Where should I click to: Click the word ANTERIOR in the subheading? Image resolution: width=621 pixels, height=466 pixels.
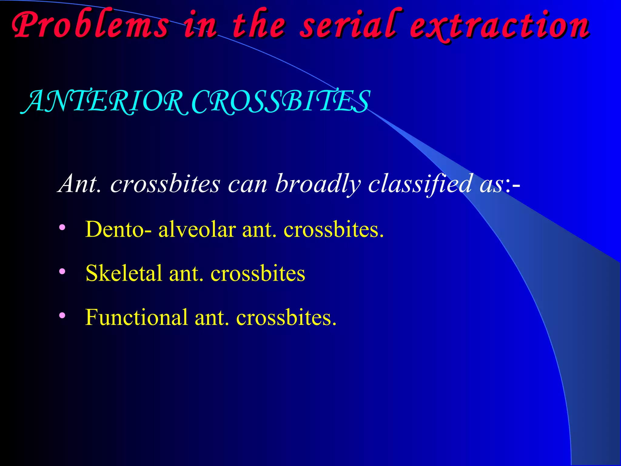(105, 102)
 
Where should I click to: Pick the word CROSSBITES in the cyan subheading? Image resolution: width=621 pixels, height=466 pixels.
(280, 102)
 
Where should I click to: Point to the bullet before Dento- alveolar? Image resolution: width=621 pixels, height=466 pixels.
(62, 227)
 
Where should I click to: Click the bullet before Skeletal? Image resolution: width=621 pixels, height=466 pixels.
(62, 271)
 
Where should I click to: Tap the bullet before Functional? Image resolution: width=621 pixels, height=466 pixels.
(62, 316)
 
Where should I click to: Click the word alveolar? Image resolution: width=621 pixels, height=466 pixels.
(197, 229)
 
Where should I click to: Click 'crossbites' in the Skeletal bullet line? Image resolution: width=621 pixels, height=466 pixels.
(258, 273)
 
